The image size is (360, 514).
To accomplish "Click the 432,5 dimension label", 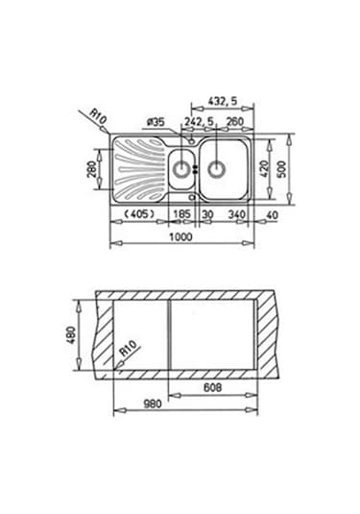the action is [222, 101].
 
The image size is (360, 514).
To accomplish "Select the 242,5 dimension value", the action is [199, 122].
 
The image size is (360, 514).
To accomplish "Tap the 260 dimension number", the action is [235, 122].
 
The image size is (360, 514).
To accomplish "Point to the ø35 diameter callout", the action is [156, 122].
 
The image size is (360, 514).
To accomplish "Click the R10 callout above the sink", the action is [98, 117].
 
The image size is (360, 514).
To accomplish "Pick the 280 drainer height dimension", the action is [91, 169].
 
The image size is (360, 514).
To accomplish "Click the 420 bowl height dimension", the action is [264, 169].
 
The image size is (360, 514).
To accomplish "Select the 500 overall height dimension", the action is [281, 169].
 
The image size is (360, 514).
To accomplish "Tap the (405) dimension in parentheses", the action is [140, 214].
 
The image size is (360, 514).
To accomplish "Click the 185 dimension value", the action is [181, 214].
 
